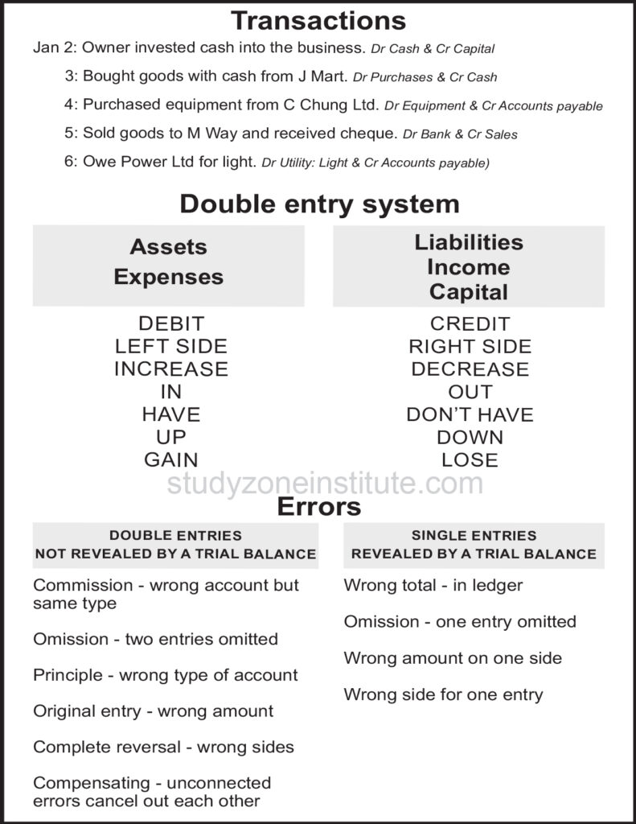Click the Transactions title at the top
coord(318,19)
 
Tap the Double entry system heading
coord(319,204)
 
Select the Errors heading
coord(319,507)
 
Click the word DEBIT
coord(171,323)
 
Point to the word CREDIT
coord(470,323)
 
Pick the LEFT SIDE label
coord(171,346)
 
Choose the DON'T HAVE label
coord(470,414)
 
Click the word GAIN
coord(171,459)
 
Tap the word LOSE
coord(470,459)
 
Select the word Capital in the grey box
coord(469,291)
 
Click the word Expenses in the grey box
coord(169,277)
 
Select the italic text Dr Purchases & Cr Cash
coord(425,77)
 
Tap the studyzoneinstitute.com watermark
coord(325,484)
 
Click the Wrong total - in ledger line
coord(433,585)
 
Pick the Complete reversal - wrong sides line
coord(163,747)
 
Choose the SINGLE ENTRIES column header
coord(474,535)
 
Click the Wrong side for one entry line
coord(443,694)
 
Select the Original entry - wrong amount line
coord(153,711)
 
